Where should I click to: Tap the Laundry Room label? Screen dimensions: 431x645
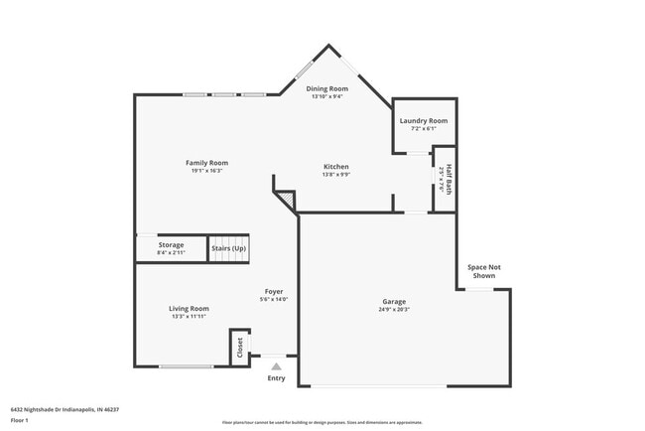point(424,120)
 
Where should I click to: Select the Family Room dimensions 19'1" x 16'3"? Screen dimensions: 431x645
point(206,171)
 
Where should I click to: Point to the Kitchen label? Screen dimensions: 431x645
point(335,166)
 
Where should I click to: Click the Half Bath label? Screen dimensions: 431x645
point(449,178)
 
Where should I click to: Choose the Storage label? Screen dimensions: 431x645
point(171,244)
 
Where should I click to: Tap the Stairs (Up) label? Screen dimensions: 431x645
point(226,247)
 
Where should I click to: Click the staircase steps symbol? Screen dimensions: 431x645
point(226,250)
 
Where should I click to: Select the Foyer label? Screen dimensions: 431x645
point(273,291)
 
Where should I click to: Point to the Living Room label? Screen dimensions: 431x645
point(189,308)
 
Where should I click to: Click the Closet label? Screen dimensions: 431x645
point(239,348)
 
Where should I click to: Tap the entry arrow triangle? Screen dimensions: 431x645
point(276,365)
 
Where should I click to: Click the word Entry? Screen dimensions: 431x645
point(276,377)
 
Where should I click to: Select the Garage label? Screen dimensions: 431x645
point(394,301)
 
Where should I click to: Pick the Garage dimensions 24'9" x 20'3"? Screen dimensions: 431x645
point(394,309)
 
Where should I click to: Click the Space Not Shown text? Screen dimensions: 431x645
point(484,271)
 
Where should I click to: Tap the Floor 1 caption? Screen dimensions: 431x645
point(21,418)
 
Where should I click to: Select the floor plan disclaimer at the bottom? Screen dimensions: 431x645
point(322,423)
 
